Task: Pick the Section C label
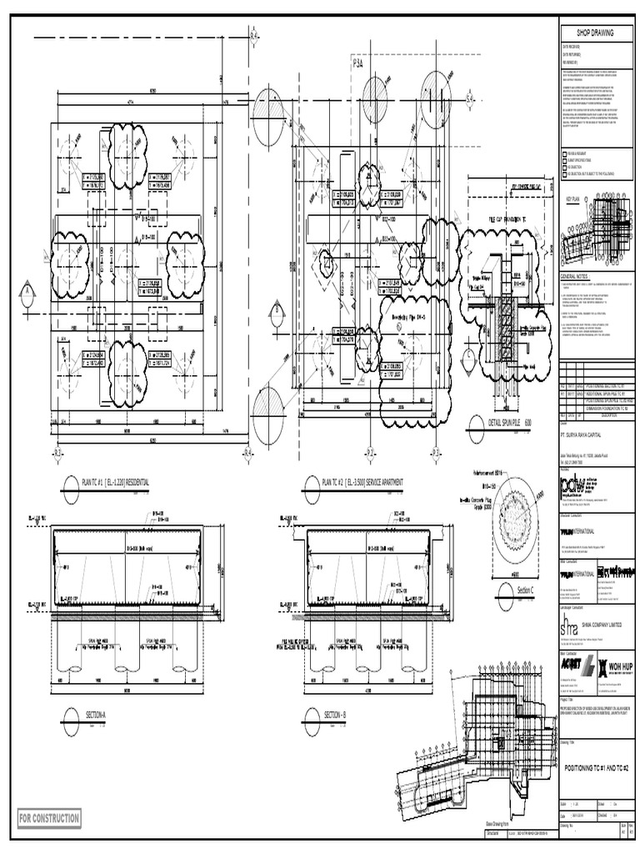530,590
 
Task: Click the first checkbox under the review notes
564,155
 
